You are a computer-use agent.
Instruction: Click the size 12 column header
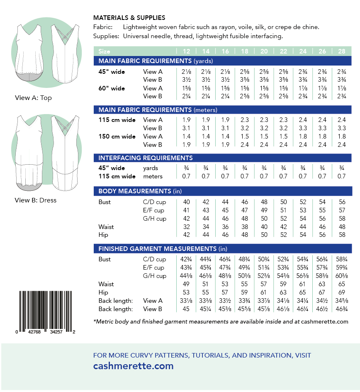pos(186,51)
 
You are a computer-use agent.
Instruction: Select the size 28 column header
pos(342,51)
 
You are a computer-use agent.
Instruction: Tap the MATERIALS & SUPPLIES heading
pos(129,18)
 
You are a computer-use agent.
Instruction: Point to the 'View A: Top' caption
pos(33,98)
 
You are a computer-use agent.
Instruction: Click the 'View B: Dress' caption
pos(35,200)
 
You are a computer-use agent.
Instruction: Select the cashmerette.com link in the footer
pos(133,366)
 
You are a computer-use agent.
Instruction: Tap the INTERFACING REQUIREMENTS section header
pos(146,158)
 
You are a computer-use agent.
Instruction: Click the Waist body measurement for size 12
pos(186,227)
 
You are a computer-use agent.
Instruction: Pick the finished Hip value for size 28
pos(342,292)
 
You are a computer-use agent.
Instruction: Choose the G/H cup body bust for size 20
pos(264,219)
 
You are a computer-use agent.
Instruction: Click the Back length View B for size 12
pos(186,309)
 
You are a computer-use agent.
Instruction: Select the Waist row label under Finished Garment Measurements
pos(106,284)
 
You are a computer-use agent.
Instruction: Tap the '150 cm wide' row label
pos(117,136)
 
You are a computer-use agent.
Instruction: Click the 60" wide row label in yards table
pos(112,88)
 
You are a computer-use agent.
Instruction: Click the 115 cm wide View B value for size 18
pos(245,128)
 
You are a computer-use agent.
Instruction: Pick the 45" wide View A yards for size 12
pos(186,72)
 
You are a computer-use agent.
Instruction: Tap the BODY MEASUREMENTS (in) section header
pos(140,191)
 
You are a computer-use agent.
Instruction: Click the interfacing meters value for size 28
pos(342,176)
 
